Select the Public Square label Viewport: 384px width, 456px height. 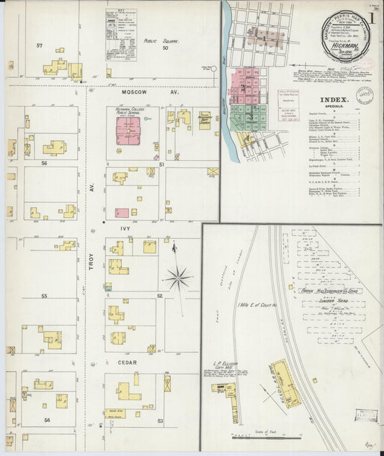159,42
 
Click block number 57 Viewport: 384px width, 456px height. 40,46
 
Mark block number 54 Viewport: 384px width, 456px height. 47,419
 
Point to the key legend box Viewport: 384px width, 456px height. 120,33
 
